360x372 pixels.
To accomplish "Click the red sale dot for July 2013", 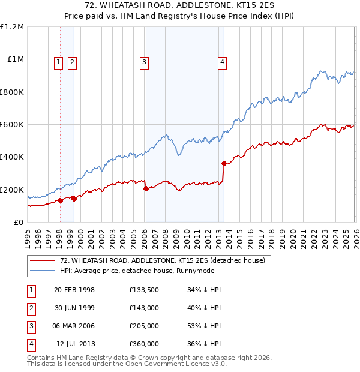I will pos(224,163).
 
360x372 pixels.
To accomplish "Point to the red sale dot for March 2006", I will pos(146,188).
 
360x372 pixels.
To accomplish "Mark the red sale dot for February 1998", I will pos(60,200).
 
